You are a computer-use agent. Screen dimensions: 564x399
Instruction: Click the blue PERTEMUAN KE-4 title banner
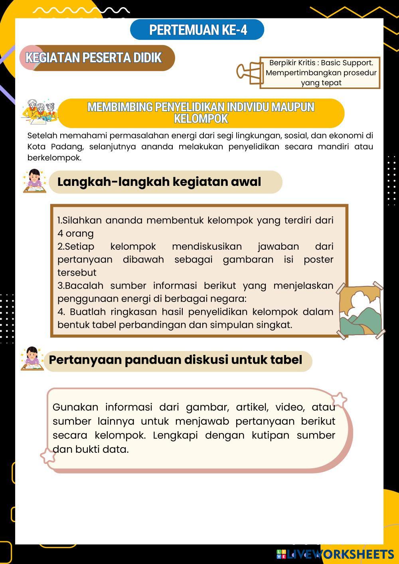click(197, 30)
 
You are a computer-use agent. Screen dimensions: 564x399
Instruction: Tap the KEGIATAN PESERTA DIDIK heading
click(93, 58)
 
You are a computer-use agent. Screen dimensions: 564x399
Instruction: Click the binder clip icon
click(248, 73)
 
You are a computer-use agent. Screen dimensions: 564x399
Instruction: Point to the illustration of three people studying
click(40, 111)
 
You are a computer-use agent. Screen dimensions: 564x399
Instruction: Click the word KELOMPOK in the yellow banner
click(201, 118)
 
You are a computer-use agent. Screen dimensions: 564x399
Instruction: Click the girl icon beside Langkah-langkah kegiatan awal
click(34, 181)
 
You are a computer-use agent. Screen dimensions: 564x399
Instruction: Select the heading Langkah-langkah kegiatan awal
click(159, 182)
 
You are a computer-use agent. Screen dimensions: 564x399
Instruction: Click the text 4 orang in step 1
click(75, 233)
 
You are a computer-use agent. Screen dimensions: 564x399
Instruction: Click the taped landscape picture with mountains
click(361, 310)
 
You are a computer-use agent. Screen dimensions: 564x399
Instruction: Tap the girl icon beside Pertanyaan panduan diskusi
click(32, 358)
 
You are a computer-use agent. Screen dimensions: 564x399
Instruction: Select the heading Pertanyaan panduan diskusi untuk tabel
click(175, 360)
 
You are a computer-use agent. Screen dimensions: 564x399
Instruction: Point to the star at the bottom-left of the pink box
click(48, 456)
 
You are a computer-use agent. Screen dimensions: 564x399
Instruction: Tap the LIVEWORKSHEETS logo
click(335, 554)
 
